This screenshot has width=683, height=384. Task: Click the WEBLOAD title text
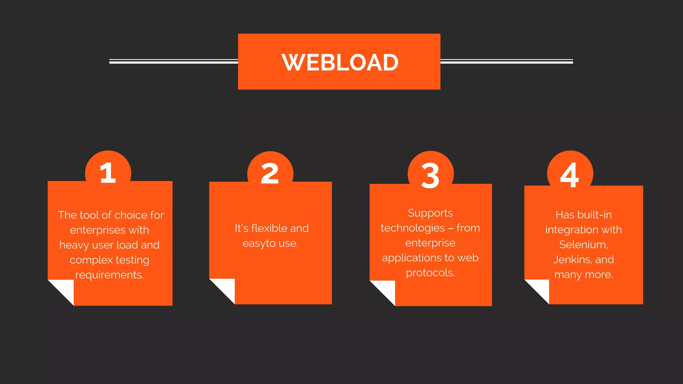340,62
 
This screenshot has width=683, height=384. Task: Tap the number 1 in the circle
108,173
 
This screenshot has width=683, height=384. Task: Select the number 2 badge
270,173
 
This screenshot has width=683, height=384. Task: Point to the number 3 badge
430,175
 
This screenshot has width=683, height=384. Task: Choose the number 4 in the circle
570,175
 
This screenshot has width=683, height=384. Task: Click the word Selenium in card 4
583,245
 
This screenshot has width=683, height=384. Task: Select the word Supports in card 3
430,213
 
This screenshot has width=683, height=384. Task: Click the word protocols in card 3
430,273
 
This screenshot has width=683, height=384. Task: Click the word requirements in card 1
109,275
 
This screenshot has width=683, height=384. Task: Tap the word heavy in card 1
74,245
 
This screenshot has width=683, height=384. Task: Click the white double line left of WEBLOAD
173,61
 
